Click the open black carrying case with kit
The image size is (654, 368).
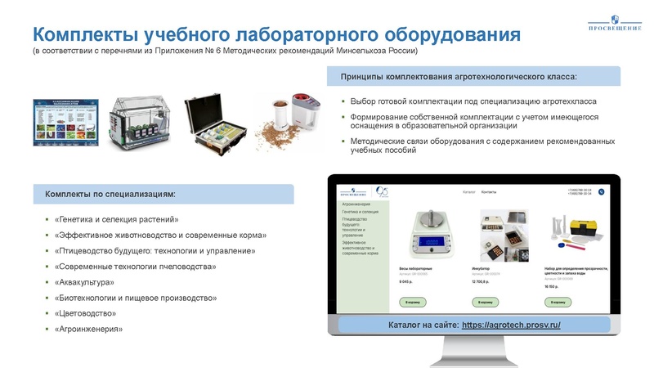coord(214,123)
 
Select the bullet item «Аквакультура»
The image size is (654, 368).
coord(84,282)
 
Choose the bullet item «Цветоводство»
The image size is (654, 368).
coord(85,313)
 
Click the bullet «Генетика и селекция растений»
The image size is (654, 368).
coord(117,220)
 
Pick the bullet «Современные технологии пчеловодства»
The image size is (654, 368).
coord(135,267)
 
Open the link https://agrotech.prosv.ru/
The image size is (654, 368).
coord(511,325)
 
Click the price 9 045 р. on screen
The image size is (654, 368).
coord(406,281)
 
